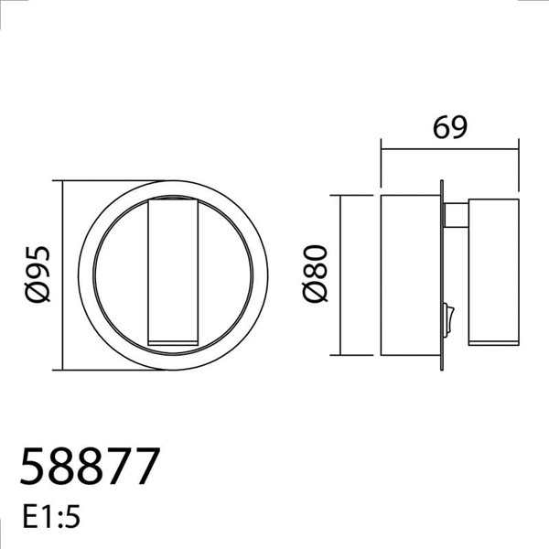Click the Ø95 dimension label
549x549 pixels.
point(38,274)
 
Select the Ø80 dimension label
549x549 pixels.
point(315,274)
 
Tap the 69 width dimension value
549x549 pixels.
point(448,127)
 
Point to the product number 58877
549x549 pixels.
point(90,468)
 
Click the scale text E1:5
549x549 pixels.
point(50,517)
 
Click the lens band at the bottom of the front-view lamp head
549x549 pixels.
point(173,344)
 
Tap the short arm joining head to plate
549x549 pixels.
point(456,216)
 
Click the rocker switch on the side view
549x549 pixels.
point(447,316)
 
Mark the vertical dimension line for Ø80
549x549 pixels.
point(340,274)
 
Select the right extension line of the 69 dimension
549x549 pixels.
point(519,169)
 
